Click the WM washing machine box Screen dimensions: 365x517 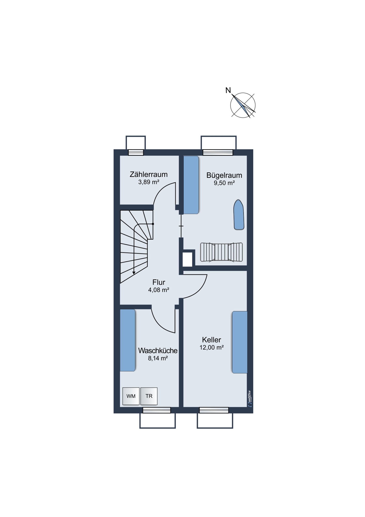tap(131, 396)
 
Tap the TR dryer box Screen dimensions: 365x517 tap(149, 396)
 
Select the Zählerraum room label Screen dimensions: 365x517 tap(149, 174)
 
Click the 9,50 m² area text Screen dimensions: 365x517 tap(224, 183)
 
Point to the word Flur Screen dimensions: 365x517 tap(159, 282)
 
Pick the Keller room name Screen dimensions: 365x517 tap(212, 340)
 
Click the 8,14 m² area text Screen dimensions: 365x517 tap(158, 358)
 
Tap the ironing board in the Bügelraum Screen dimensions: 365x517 tap(239, 215)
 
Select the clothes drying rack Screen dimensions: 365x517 tap(221, 252)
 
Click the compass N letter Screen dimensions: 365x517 tap(228, 90)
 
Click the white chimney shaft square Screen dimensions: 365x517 tap(188, 259)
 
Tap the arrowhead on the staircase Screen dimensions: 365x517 tap(134, 272)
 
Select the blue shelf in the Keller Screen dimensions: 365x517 tap(240, 342)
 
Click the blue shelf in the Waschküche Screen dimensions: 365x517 tap(128, 340)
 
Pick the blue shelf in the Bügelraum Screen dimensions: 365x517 tap(191, 185)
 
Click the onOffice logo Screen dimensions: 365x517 tap(249, 399)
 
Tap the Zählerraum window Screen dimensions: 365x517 tap(136, 153)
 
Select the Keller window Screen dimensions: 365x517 tap(214, 410)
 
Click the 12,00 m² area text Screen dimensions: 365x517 tap(212, 348)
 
